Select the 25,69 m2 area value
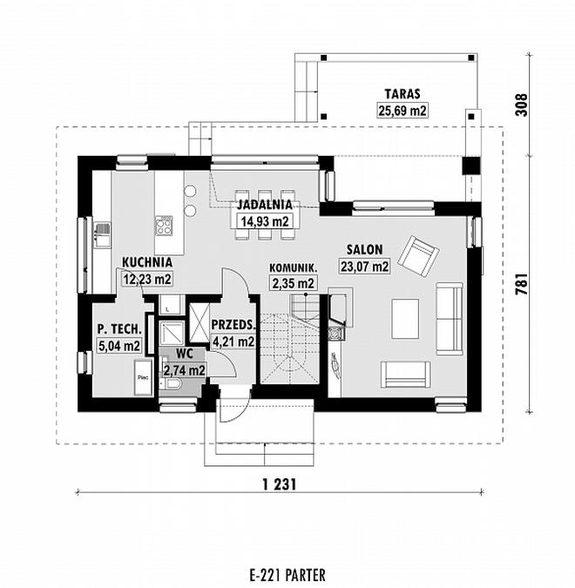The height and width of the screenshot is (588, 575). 401,110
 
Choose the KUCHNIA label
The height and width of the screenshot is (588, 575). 146,261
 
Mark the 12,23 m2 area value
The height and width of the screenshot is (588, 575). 146,279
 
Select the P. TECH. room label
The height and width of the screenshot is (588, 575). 119,329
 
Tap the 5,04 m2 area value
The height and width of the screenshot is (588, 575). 119,346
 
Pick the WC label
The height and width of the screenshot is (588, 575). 184,354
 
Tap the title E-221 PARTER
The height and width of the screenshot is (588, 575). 287,575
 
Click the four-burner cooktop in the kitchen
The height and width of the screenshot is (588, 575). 163,226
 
